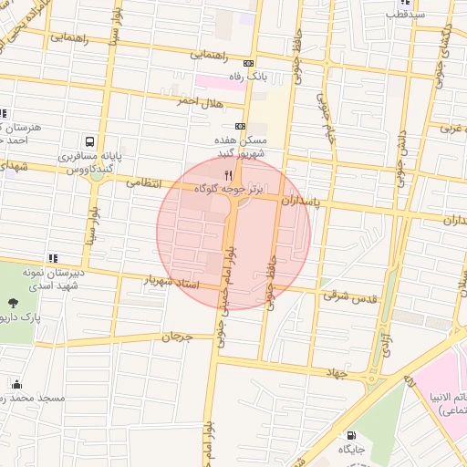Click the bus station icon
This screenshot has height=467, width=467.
point(89,142)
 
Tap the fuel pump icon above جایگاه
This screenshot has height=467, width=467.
point(352,436)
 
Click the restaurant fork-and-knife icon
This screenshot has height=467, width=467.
point(227,173)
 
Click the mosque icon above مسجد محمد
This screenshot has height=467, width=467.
point(16,385)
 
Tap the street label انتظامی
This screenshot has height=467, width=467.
point(143,183)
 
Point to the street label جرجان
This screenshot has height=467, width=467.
point(178,337)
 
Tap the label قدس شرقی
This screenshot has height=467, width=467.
point(344,296)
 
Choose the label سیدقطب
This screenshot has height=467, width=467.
point(406,15)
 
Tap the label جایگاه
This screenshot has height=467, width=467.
point(352,451)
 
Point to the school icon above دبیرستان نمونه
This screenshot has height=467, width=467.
point(54,260)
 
